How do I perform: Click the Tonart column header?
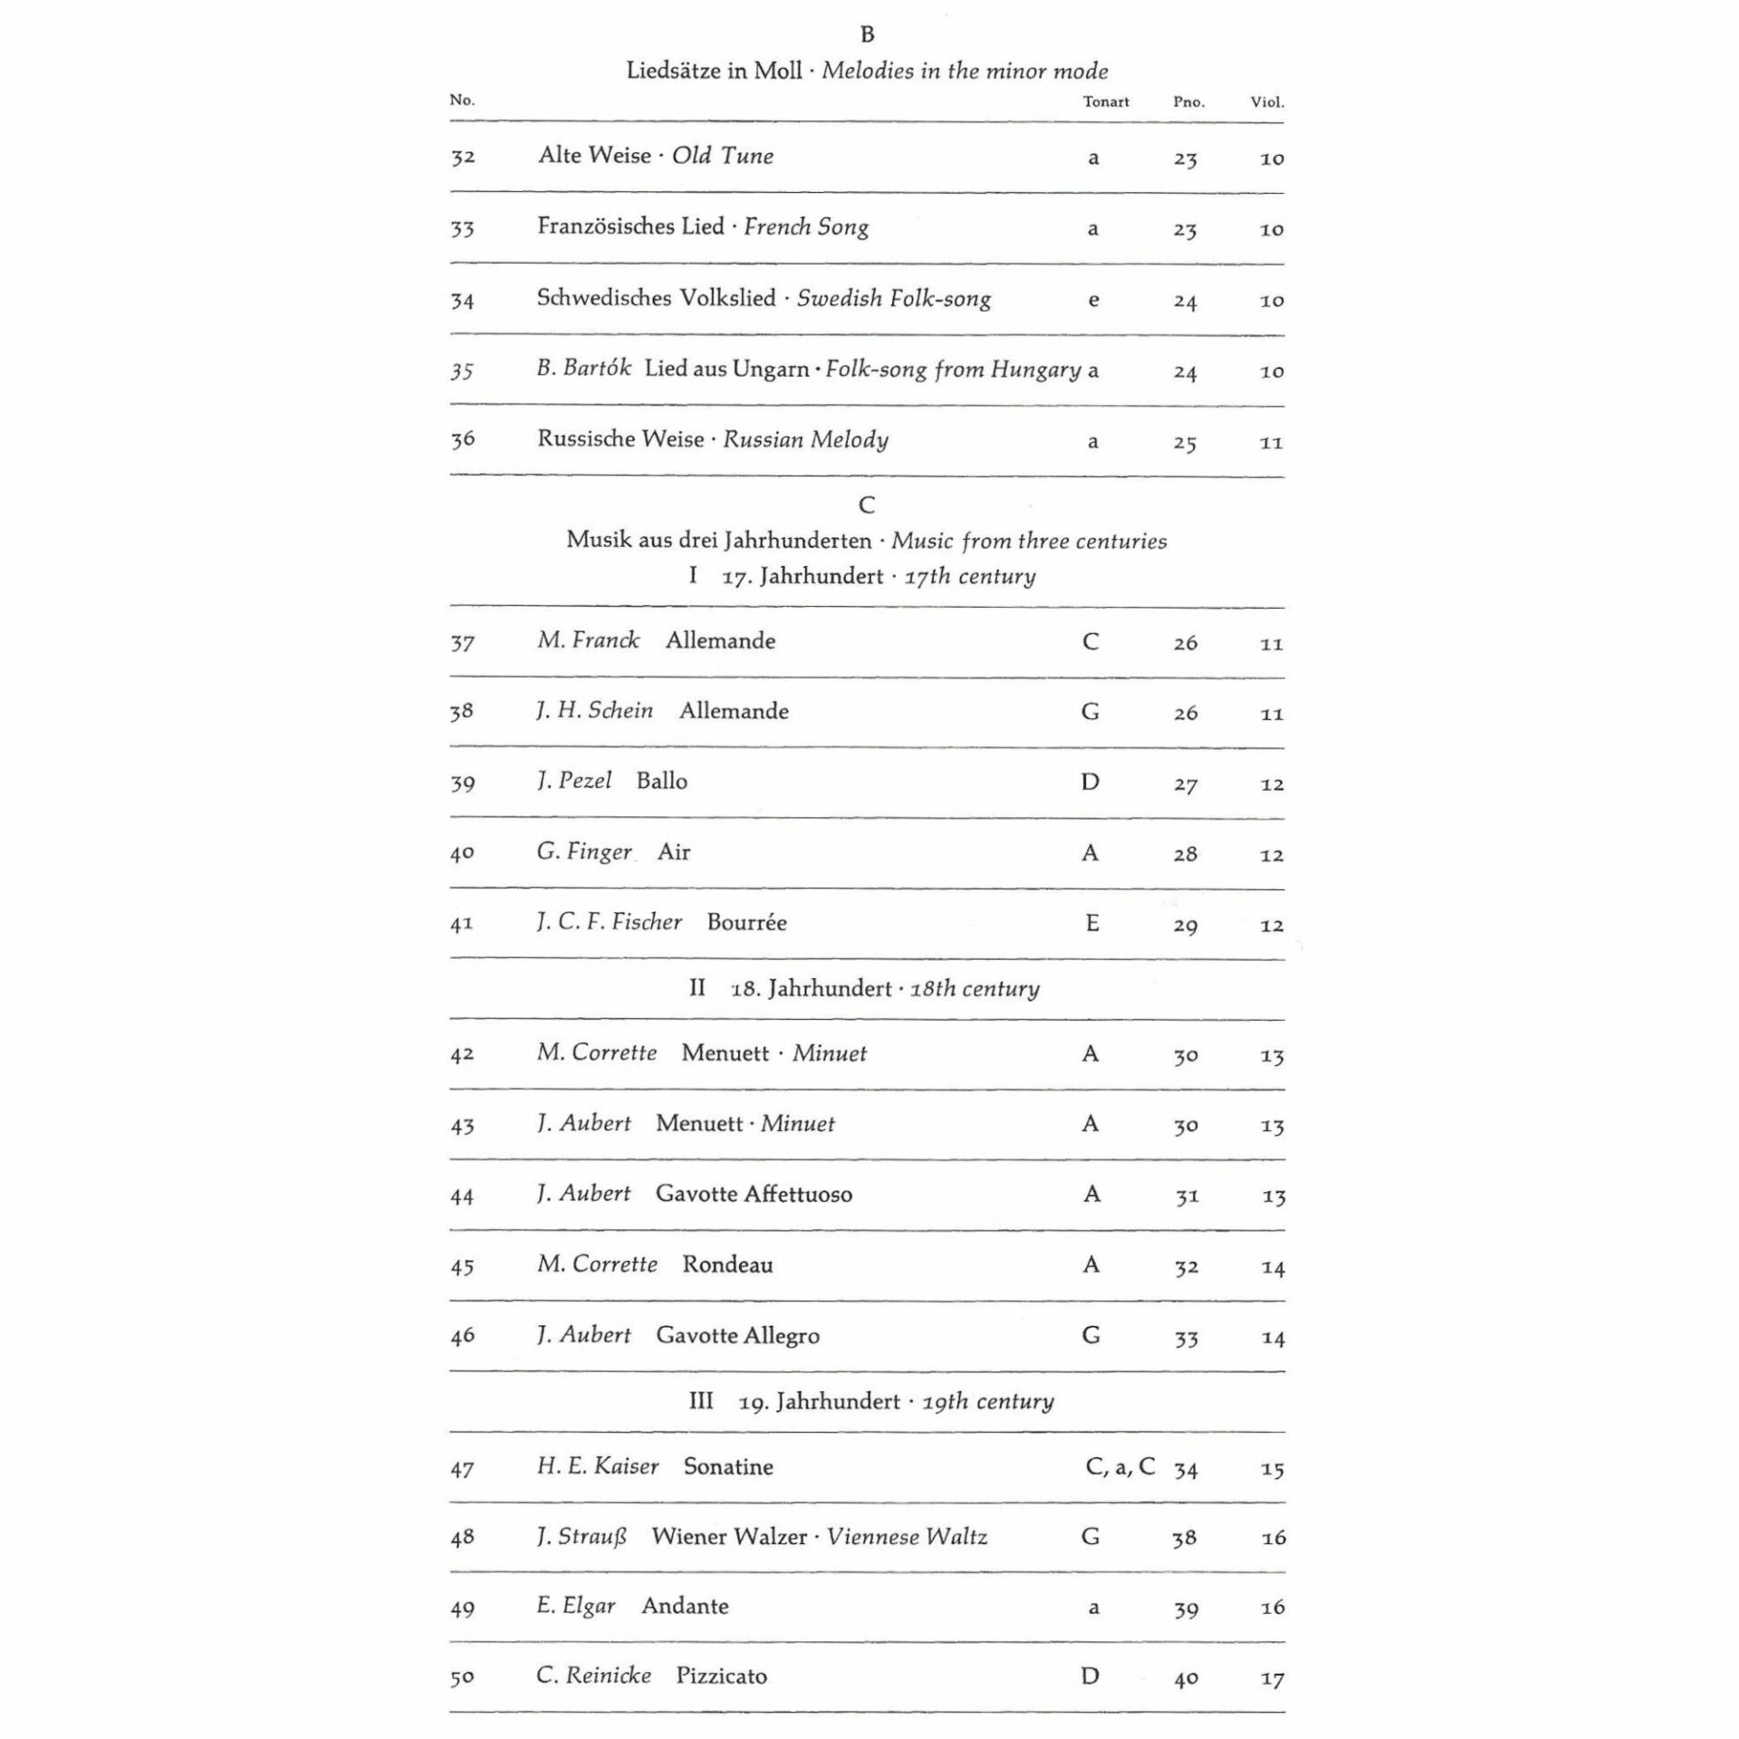[1105, 101]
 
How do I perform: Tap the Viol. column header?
[1267, 101]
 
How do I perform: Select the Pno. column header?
[1188, 101]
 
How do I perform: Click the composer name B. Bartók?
[583, 369]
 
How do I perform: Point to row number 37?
[462, 642]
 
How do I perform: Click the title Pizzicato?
[721, 1676]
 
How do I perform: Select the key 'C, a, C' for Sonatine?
[1120, 1466]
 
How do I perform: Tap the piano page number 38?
[1185, 1537]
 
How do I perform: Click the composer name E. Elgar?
[575, 1606]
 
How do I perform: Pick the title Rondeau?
[727, 1264]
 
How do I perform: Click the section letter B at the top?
[867, 34]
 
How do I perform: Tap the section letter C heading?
[867, 504]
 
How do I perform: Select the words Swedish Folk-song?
[893, 298]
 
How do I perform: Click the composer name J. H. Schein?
[594, 711]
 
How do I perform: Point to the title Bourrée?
[746, 922]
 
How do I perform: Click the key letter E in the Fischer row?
[1091, 923]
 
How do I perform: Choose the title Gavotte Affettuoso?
[754, 1194]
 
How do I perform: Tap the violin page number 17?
[1273, 1678]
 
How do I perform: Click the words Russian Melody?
[805, 440]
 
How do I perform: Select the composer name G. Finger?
[584, 852]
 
